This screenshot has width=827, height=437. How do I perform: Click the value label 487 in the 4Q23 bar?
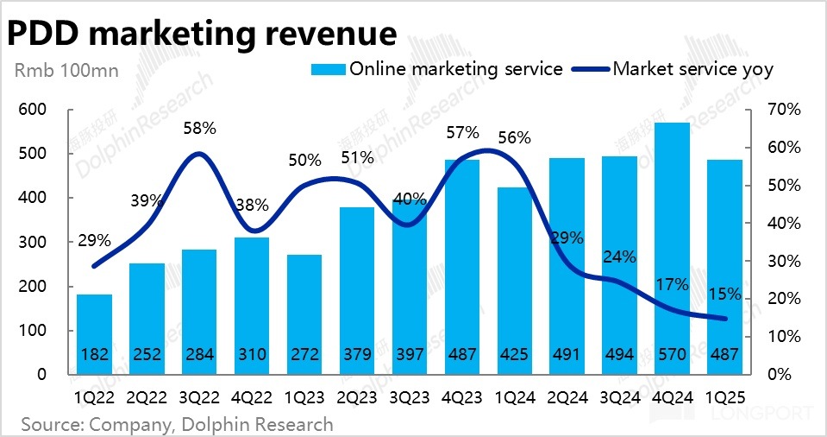click(462, 355)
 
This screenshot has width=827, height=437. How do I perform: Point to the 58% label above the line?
click(199, 129)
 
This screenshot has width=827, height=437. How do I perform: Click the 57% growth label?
click(462, 133)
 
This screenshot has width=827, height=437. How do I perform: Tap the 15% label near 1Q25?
click(724, 294)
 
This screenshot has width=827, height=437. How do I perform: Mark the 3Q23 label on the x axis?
click(410, 397)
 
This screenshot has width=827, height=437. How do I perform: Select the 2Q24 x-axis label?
click(567, 397)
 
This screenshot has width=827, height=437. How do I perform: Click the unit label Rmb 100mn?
click(59, 70)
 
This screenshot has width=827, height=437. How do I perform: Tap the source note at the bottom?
click(177, 424)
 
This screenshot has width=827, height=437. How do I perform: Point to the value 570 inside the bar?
click(672, 355)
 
